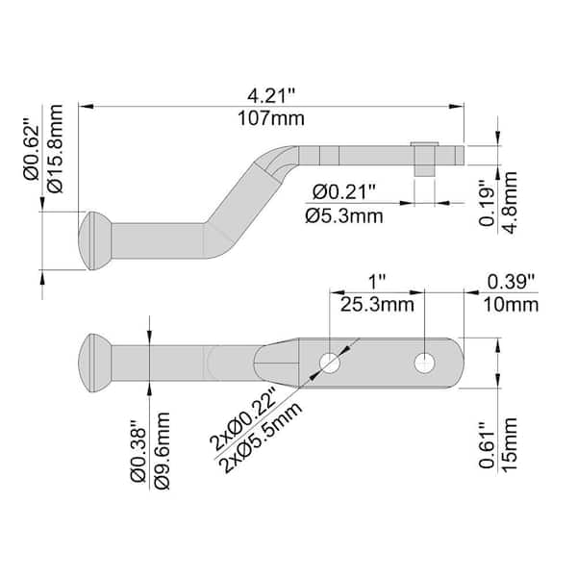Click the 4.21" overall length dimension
[270, 96]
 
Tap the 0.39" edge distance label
[513, 283]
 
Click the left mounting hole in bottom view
[330, 363]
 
